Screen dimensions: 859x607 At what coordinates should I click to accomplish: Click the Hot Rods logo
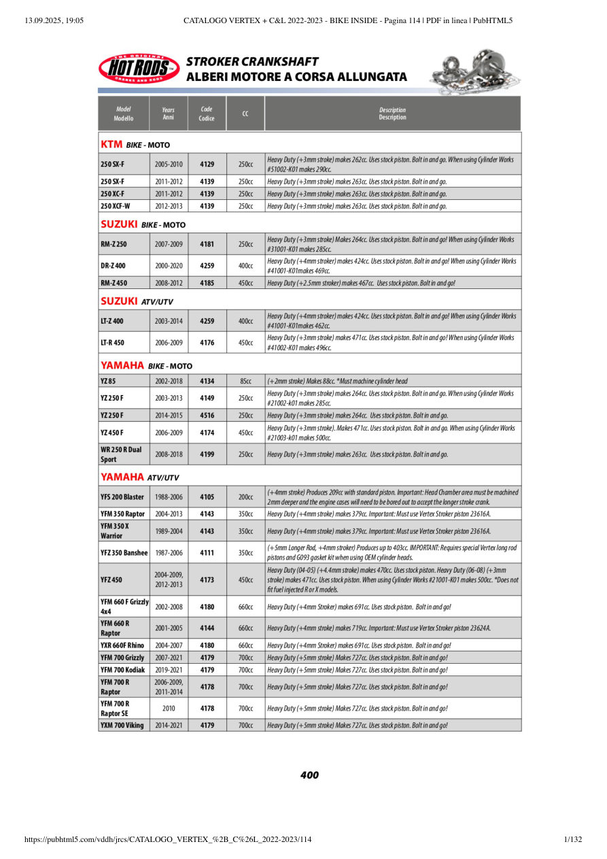coord(139,69)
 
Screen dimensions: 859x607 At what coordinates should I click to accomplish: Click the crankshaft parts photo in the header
coord(475,71)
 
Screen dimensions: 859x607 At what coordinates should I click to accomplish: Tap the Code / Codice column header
coord(207,114)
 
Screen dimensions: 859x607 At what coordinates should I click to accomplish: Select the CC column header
coord(245,114)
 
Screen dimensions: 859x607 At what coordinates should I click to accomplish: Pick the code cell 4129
coord(207,165)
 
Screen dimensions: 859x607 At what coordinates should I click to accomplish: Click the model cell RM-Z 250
coord(114,243)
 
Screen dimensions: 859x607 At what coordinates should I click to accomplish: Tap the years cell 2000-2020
coord(169,266)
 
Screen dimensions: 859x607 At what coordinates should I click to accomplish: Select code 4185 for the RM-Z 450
coord(207,282)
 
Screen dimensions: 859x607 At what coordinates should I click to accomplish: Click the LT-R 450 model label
coord(112,343)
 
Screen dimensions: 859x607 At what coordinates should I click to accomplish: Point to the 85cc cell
coord(245,381)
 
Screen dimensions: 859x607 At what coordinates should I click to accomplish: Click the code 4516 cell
coord(207,415)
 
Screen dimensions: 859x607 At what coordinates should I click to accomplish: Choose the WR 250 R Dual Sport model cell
coord(122,454)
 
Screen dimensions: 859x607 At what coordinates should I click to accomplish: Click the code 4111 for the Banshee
coord(207,553)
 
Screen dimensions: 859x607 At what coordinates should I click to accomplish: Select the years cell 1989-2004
coord(169,531)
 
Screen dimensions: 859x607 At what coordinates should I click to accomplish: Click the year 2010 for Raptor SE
coord(169,708)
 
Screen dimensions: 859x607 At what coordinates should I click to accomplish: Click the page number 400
coord(309,775)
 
